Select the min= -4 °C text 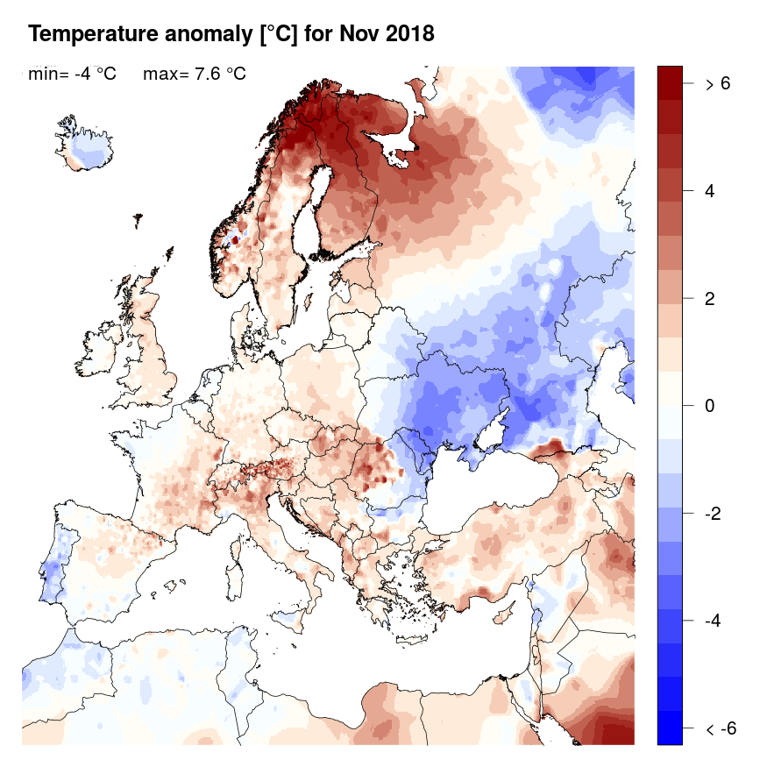[x=72, y=74]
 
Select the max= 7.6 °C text [x=194, y=74]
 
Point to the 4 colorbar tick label [x=709, y=191]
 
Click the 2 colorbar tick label [x=709, y=298]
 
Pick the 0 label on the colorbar [x=709, y=406]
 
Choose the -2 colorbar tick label [x=714, y=513]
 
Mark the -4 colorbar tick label [x=714, y=621]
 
